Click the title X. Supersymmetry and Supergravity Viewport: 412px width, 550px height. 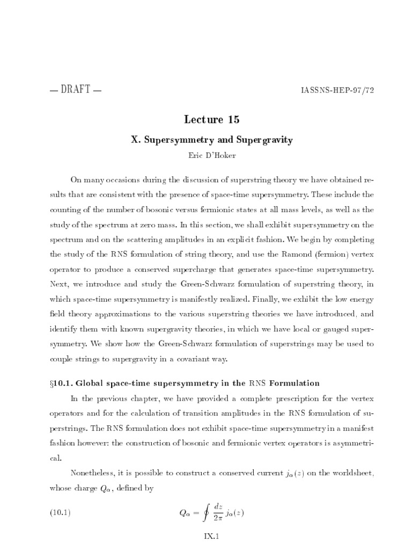pos(206,139)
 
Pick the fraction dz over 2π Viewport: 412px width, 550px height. pos(218,512)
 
